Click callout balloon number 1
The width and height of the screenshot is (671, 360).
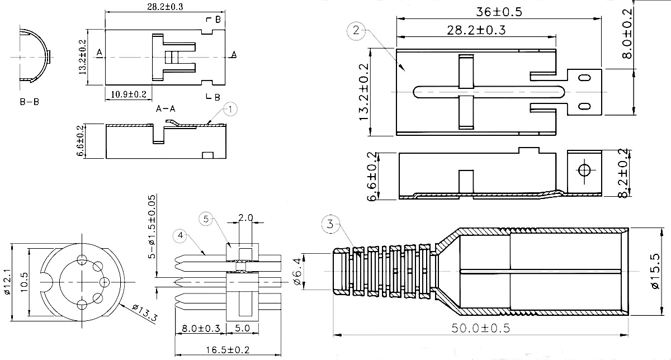230,109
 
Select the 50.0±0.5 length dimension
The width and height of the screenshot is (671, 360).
481,328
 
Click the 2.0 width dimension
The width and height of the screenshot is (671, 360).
246,217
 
